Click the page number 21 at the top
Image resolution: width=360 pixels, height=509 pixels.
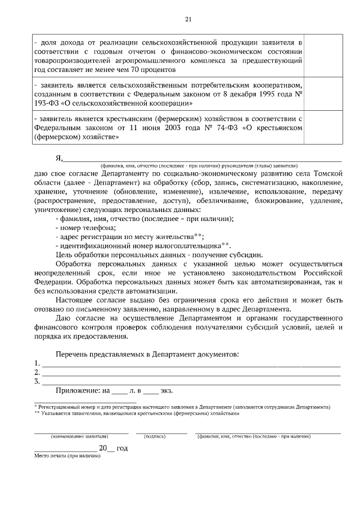pos(188,20)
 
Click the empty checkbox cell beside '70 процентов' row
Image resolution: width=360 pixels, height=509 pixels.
pos(322,56)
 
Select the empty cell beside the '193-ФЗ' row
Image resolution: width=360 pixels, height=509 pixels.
pos(322,94)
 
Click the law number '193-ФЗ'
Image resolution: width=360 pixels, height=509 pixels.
pos(46,103)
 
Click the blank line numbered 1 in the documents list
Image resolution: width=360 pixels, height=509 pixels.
pos(191,363)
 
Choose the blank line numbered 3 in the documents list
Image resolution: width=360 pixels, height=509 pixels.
pos(191,382)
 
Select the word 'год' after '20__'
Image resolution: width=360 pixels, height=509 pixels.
pos(122,448)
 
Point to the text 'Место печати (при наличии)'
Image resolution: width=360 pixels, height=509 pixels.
pos(67,456)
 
